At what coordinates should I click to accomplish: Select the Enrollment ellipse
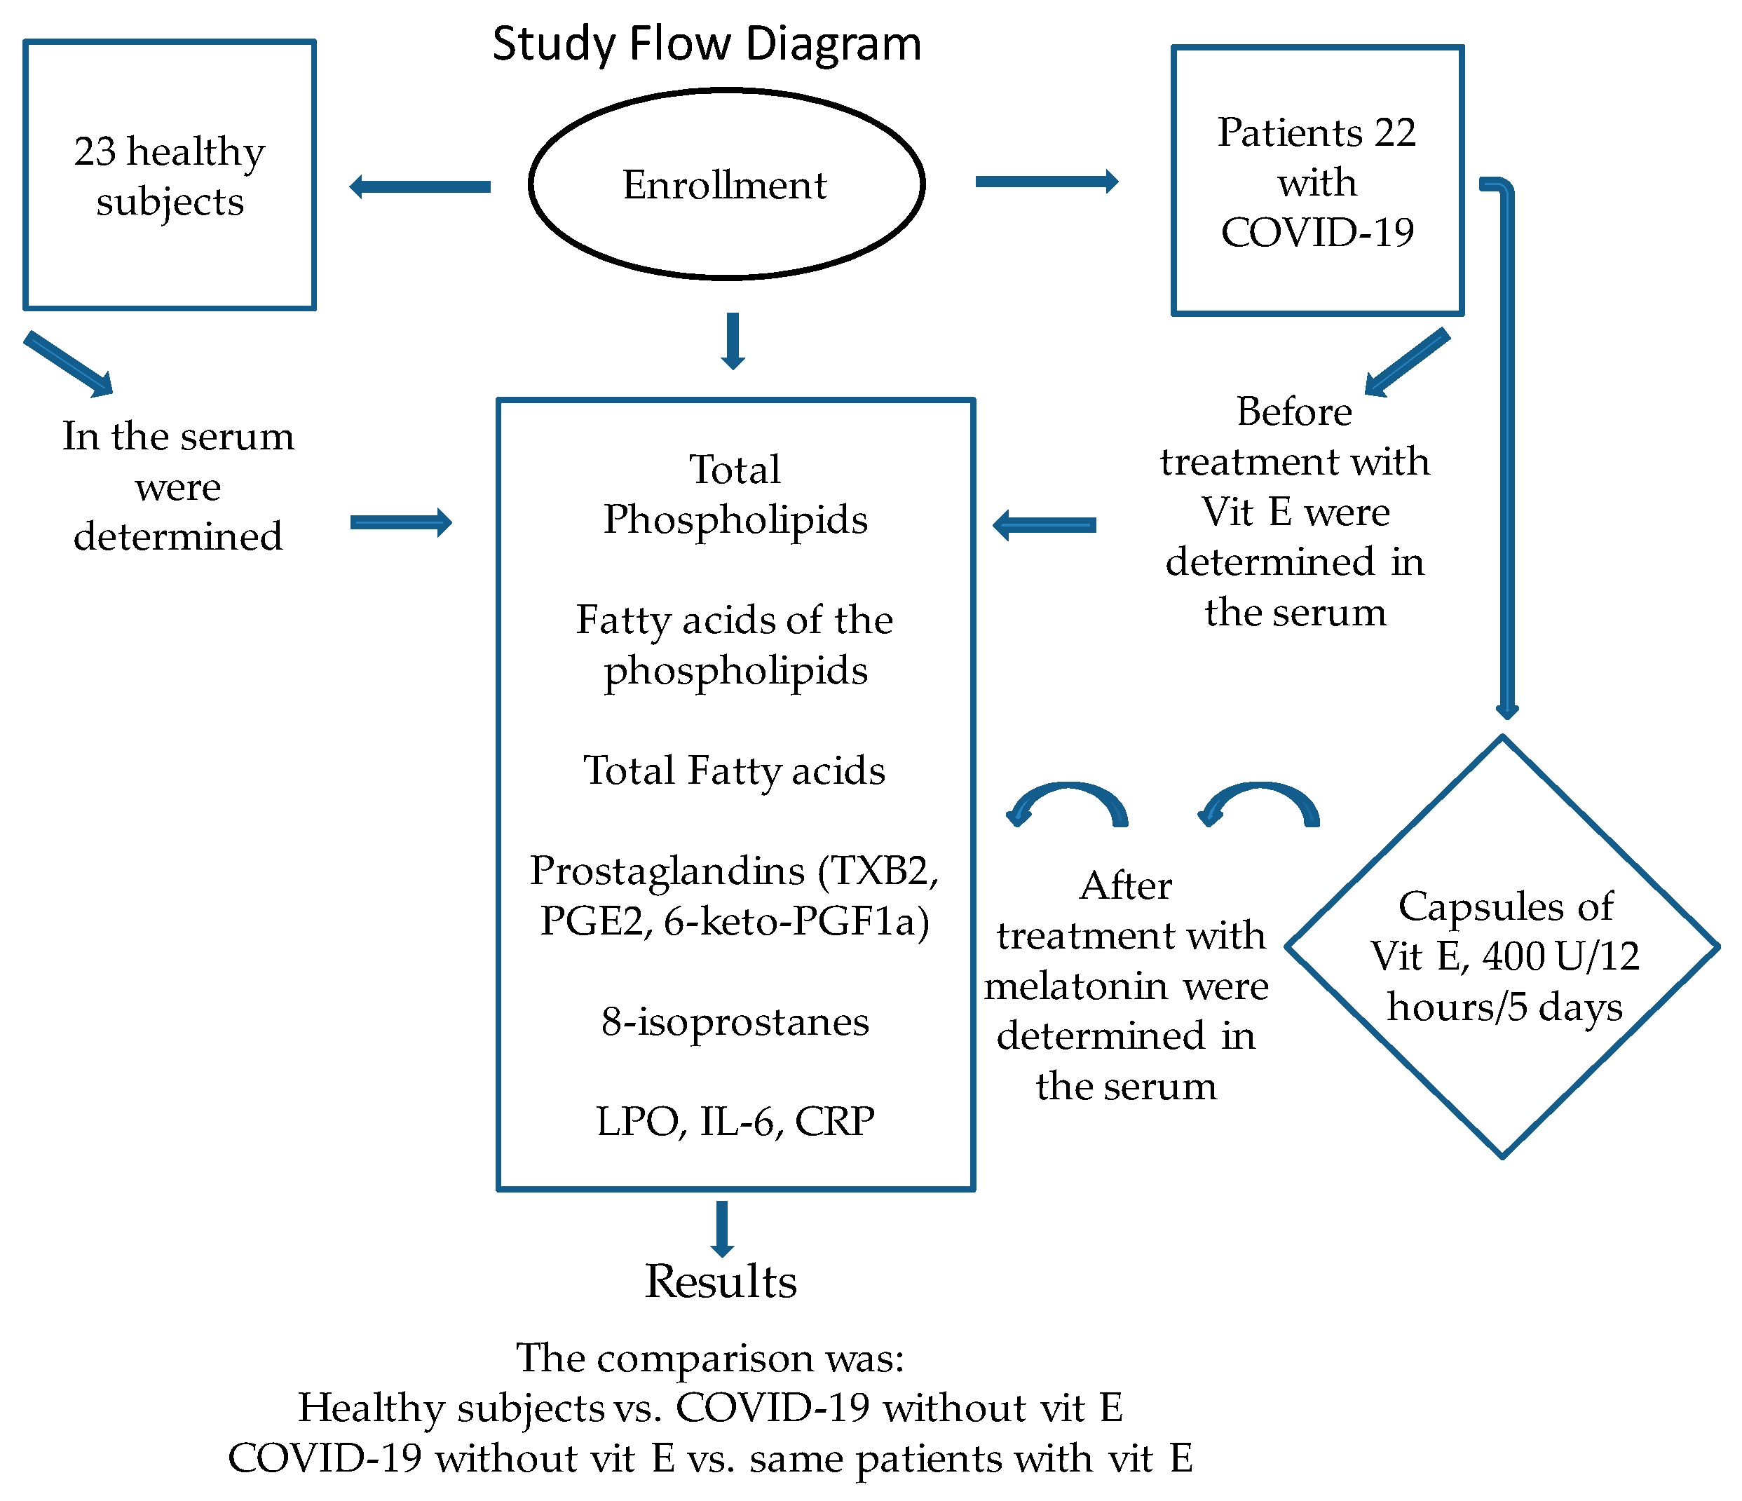coord(727,183)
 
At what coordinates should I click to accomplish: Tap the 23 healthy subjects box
coord(170,175)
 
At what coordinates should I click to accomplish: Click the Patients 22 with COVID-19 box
coord(1317,181)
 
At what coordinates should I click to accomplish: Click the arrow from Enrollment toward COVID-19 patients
coord(1047,182)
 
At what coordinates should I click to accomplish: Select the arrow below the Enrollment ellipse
coord(733,341)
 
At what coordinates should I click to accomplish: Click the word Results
coord(721,1282)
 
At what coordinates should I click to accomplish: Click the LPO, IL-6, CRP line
coord(735,1122)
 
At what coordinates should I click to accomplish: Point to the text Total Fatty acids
coord(735,771)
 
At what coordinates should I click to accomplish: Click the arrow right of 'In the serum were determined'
coord(401,523)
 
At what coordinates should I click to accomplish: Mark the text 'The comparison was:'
coord(710,1358)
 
